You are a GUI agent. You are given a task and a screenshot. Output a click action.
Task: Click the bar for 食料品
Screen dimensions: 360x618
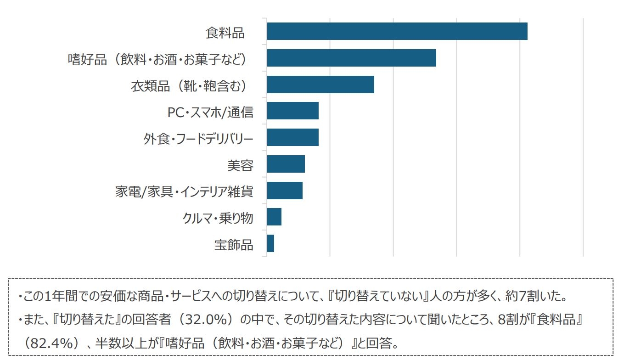(397, 31)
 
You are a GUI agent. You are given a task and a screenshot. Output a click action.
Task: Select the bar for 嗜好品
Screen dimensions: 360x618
(351, 58)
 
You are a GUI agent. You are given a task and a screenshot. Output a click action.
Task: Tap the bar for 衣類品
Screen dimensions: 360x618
(320, 84)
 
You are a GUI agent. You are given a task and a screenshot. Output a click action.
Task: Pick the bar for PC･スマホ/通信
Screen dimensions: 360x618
(292, 111)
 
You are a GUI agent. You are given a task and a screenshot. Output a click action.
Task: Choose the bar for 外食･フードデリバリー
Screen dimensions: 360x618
(292, 137)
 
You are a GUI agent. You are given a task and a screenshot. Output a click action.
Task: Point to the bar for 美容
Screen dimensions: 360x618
(286, 164)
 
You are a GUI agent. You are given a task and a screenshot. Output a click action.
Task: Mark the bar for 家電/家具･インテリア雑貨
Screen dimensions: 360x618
(284, 191)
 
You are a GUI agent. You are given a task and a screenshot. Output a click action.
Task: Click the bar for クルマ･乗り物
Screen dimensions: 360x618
(274, 217)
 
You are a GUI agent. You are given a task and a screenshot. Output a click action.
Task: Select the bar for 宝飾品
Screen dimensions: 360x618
(270, 243)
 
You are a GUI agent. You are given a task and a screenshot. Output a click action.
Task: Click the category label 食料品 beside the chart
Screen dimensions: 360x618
(225, 33)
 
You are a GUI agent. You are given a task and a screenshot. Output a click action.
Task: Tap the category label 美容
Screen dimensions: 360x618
(240, 165)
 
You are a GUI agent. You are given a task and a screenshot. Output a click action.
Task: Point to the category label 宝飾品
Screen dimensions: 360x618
(234, 245)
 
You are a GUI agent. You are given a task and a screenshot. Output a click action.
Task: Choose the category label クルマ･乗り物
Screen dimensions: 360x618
(218, 218)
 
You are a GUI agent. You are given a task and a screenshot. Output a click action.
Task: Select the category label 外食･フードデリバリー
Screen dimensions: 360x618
(198, 139)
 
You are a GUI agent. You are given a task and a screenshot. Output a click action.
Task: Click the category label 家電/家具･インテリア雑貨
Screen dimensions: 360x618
(184, 191)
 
